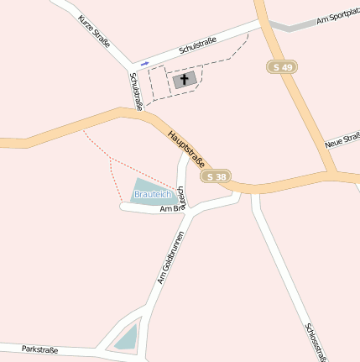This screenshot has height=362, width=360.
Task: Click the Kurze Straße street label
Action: (x=94, y=31)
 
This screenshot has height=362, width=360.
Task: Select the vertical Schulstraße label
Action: (x=136, y=90)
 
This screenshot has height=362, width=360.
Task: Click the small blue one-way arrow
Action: (x=145, y=63)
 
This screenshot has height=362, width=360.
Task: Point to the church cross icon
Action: (x=185, y=81)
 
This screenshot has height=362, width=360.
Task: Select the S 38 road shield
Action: (x=216, y=176)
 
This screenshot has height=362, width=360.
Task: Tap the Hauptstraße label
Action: (x=186, y=144)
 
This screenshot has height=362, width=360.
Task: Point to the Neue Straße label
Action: (x=342, y=139)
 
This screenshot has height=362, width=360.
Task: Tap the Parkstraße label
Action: (x=40, y=349)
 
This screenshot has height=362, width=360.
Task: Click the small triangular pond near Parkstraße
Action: (x=126, y=338)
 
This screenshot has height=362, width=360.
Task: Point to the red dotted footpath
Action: (x=112, y=172)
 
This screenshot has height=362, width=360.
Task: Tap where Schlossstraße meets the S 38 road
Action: (x=254, y=192)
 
